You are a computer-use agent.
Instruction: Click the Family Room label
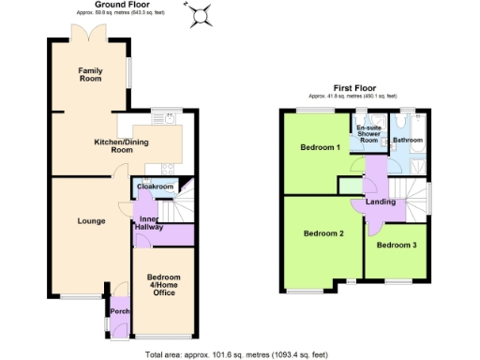click(x=90, y=75)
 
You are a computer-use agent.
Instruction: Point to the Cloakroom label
click(x=155, y=187)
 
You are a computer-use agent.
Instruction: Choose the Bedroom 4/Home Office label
click(x=164, y=284)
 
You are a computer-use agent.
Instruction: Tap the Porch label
click(x=119, y=311)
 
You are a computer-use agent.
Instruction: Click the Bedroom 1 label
click(x=320, y=148)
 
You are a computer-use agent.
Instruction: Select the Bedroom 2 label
click(x=322, y=233)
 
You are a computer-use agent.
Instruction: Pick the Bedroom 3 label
click(x=396, y=246)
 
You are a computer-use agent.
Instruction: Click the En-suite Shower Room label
click(x=368, y=135)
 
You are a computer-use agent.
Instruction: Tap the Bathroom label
click(x=408, y=140)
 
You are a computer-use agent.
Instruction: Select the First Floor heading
click(x=362, y=89)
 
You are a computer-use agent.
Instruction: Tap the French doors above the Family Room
click(x=90, y=37)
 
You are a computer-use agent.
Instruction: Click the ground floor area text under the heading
click(x=118, y=14)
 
